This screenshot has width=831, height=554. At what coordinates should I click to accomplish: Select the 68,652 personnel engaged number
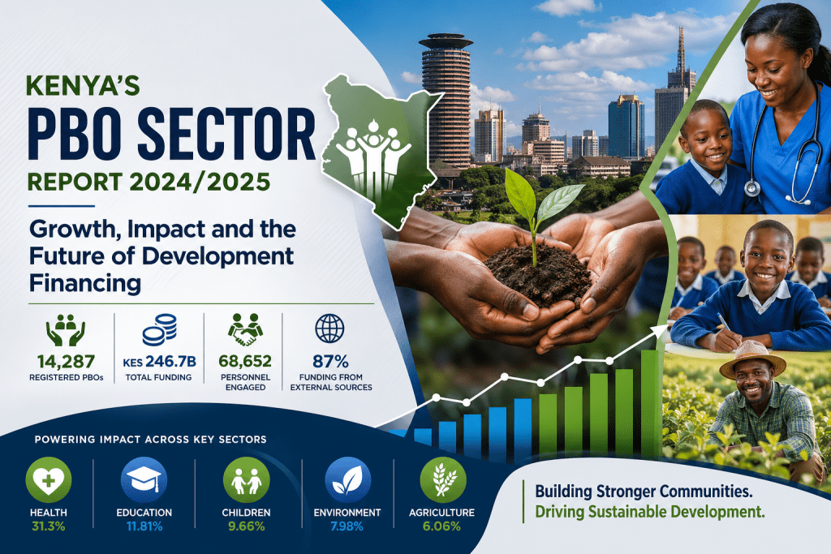(x=247, y=361)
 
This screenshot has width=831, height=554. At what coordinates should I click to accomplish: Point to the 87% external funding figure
(x=329, y=361)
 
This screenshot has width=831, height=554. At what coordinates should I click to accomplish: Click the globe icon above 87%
(x=329, y=329)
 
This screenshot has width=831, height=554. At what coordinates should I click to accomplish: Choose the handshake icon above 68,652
(x=246, y=329)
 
